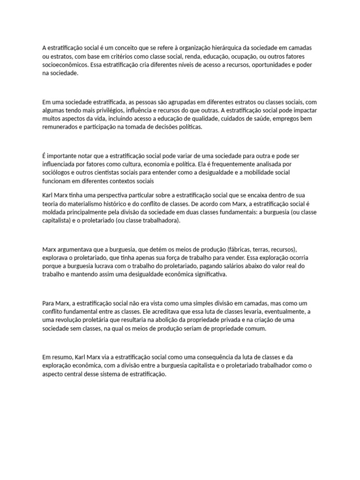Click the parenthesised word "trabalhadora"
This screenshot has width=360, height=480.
tap(160, 220)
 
